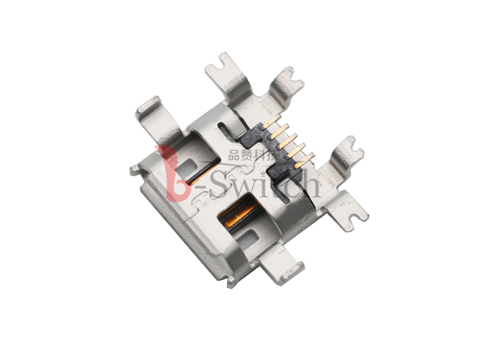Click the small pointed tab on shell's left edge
click(x=134, y=170)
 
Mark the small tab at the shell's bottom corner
click(x=230, y=282)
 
